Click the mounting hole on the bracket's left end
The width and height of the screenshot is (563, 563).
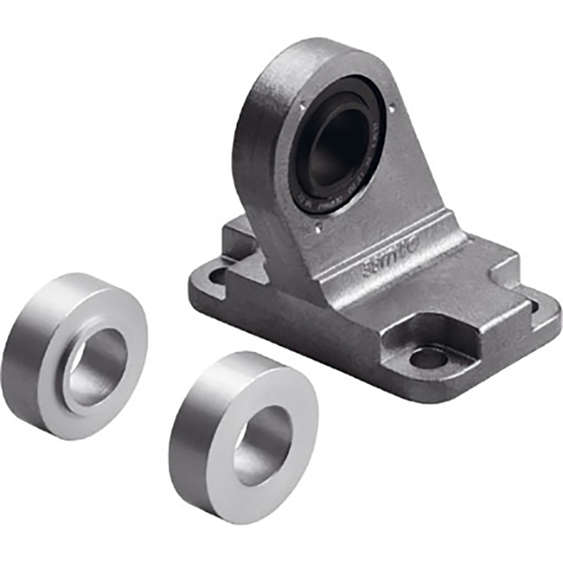click(216, 277)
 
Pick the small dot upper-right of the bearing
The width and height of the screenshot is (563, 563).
click(392, 107)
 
